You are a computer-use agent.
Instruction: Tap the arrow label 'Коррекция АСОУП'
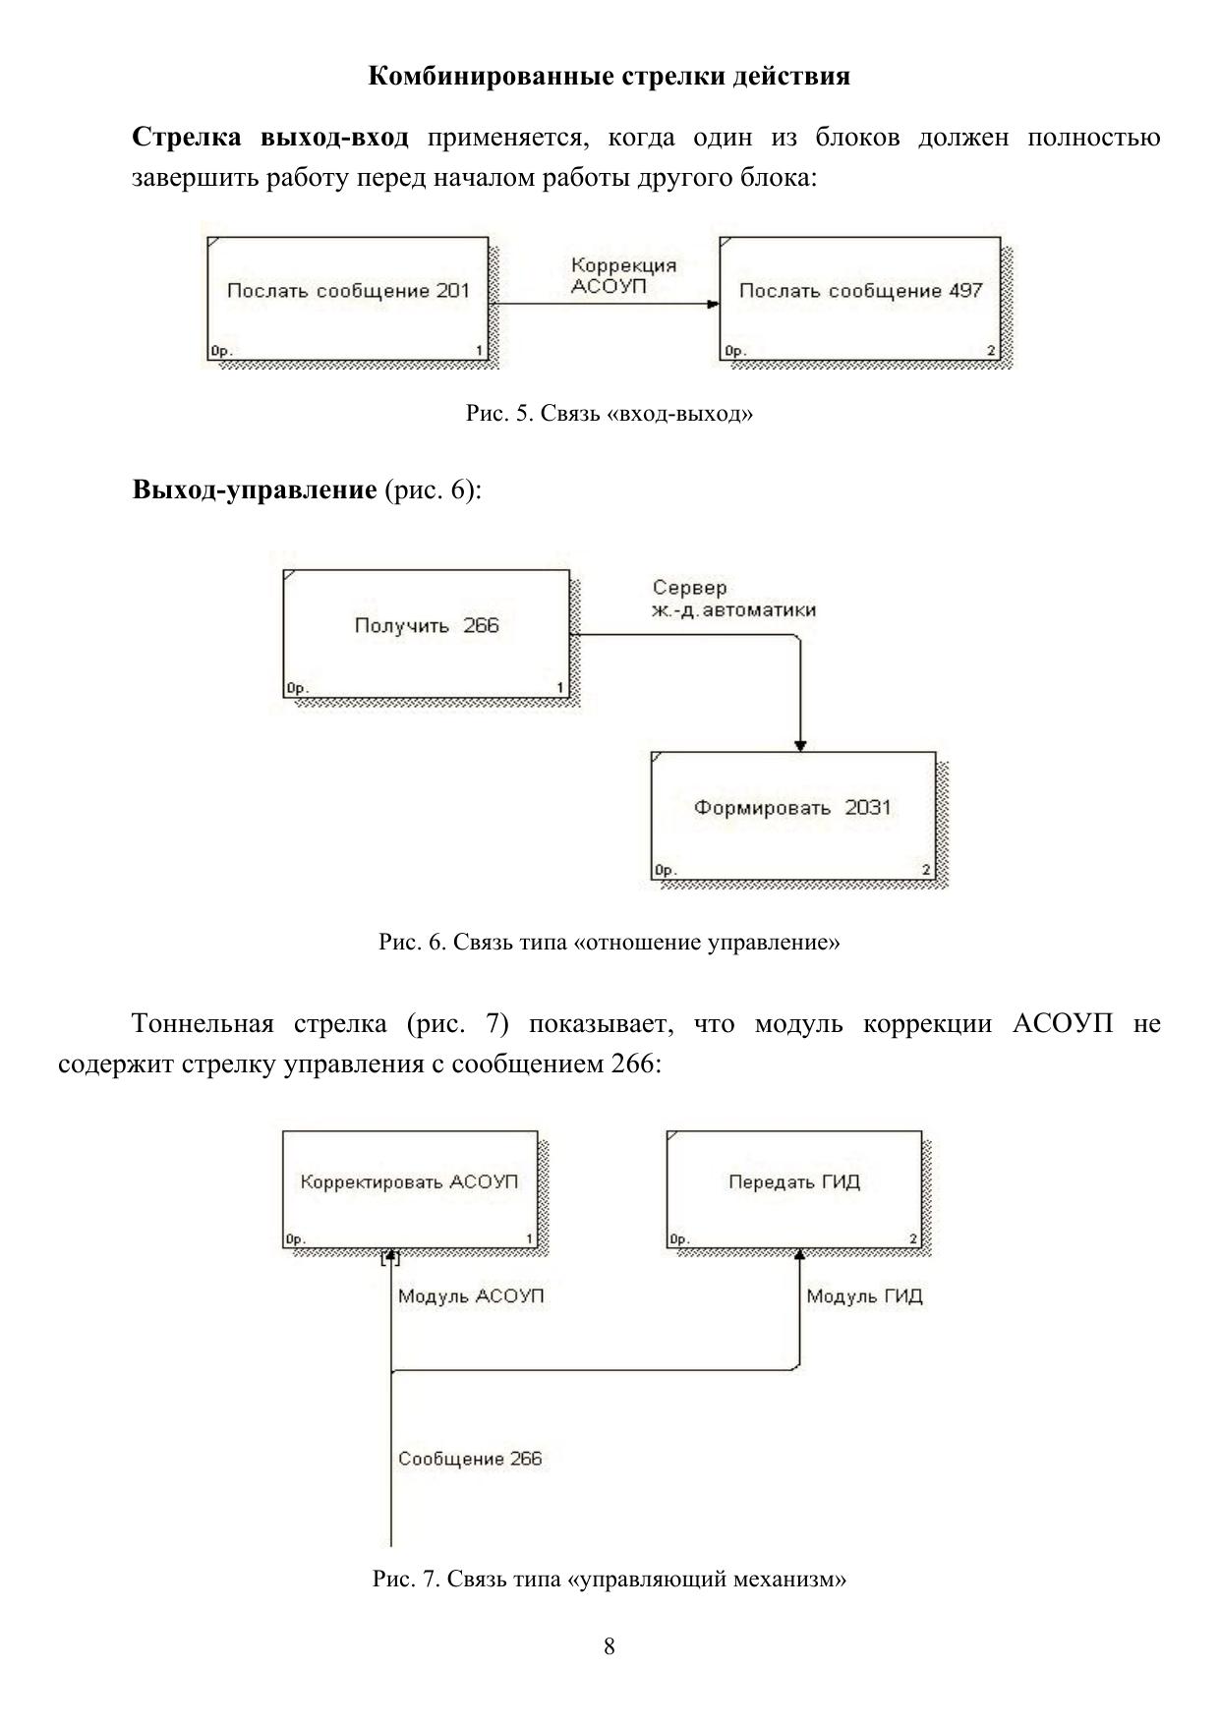[623, 275]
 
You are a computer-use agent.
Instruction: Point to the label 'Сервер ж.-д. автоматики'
[733, 599]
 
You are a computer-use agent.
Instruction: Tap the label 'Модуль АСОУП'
[471, 1296]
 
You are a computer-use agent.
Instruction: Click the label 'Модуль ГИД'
[864, 1296]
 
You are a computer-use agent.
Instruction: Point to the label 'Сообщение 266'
[470, 1459]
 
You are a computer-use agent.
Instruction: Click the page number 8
[610, 1646]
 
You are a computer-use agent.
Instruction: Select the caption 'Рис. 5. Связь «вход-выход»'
[610, 414]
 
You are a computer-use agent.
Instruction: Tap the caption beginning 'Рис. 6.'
[610, 943]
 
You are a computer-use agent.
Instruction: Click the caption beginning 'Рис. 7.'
[610, 1580]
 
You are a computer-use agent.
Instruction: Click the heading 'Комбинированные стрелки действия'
[610, 77]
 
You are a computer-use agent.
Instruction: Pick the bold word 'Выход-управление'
[255, 489]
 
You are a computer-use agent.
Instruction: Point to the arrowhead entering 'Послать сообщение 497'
[713, 304]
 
